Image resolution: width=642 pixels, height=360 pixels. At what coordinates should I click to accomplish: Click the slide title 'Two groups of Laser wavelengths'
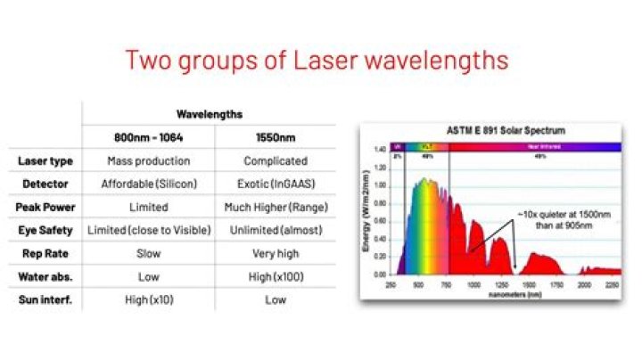coord(317,61)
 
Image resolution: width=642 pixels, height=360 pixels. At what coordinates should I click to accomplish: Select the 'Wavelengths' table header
coord(209,114)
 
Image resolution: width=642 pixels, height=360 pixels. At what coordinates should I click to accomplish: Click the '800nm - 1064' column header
coord(148,137)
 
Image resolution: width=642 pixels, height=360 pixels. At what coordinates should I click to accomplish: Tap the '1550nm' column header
coord(275,137)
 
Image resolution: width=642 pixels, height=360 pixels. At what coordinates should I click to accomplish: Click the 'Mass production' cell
coord(148,161)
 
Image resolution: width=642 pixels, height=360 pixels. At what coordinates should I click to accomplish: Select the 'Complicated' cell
coord(275,161)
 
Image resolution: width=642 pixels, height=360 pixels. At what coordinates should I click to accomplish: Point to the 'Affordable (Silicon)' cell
coord(148,184)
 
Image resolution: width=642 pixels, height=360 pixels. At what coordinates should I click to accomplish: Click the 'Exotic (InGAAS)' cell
coord(275,184)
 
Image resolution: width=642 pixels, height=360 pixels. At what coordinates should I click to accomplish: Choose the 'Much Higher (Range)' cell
coord(275,207)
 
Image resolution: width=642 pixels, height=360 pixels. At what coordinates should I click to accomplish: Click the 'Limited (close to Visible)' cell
coord(148,230)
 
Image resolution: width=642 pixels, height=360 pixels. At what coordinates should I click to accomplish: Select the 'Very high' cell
coord(275,253)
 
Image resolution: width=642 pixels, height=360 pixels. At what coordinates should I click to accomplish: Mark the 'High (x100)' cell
coord(275,276)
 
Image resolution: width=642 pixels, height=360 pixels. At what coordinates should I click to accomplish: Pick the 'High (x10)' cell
coord(148,299)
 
